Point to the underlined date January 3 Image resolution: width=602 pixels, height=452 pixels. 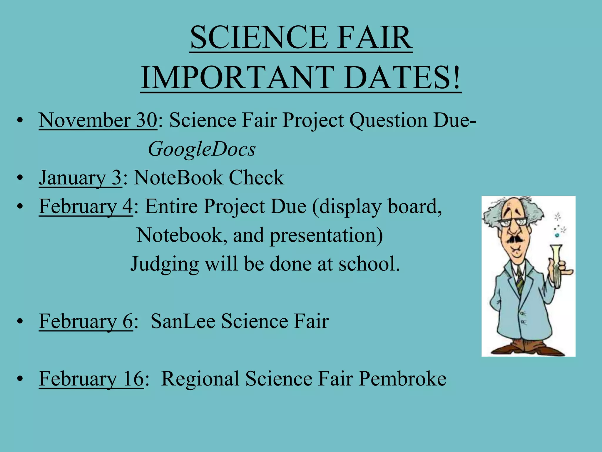pyautogui.click(x=80, y=178)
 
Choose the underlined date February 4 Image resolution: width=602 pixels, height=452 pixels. pyautogui.click(x=86, y=206)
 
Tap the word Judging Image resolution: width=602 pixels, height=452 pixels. pyautogui.click(x=165, y=264)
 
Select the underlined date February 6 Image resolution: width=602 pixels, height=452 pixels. pyautogui.click(x=86, y=321)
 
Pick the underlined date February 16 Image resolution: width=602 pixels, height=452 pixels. pyautogui.click(x=91, y=378)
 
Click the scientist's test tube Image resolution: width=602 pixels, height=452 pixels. pyautogui.click(x=556, y=265)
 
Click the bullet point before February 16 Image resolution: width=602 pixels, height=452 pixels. pyautogui.click(x=20, y=379)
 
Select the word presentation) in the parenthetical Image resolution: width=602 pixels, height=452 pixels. pyautogui.click(x=326, y=235)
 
